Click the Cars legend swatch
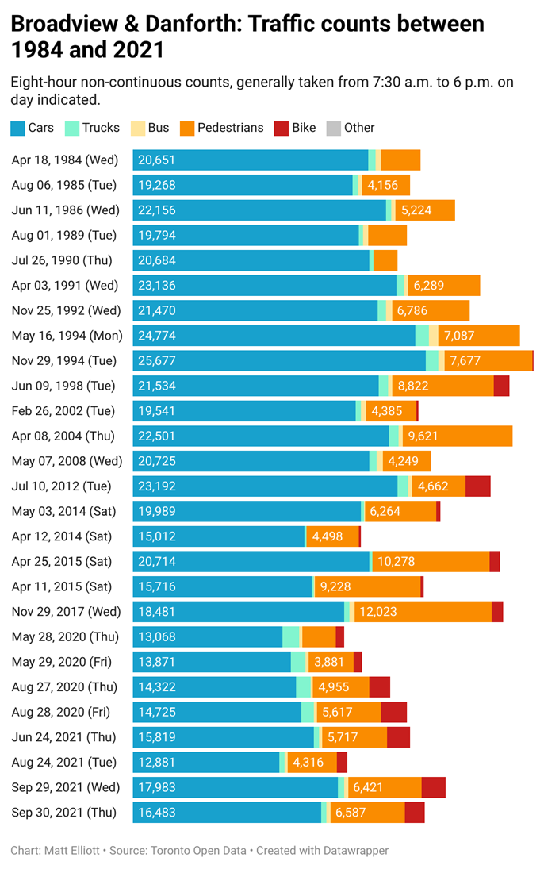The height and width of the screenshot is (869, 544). click(17, 128)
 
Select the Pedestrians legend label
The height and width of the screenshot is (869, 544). click(230, 128)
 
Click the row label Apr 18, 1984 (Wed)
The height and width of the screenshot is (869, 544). click(64, 160)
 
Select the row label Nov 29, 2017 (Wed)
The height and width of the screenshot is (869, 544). click(66, 611)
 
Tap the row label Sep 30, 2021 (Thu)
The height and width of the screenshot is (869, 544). click(63, 812)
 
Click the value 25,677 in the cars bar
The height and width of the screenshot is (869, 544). click(156, 361)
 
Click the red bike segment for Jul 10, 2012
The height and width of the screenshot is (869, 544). click(477, 486)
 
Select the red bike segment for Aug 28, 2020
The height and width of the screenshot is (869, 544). click(393, 712)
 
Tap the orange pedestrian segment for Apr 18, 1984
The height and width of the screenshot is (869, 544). click(400, 160)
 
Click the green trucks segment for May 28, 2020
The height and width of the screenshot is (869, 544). click(291, 636)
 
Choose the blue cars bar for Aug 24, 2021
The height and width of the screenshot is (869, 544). click(206, 762)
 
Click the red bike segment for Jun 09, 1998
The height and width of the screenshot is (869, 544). click(501, 386)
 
